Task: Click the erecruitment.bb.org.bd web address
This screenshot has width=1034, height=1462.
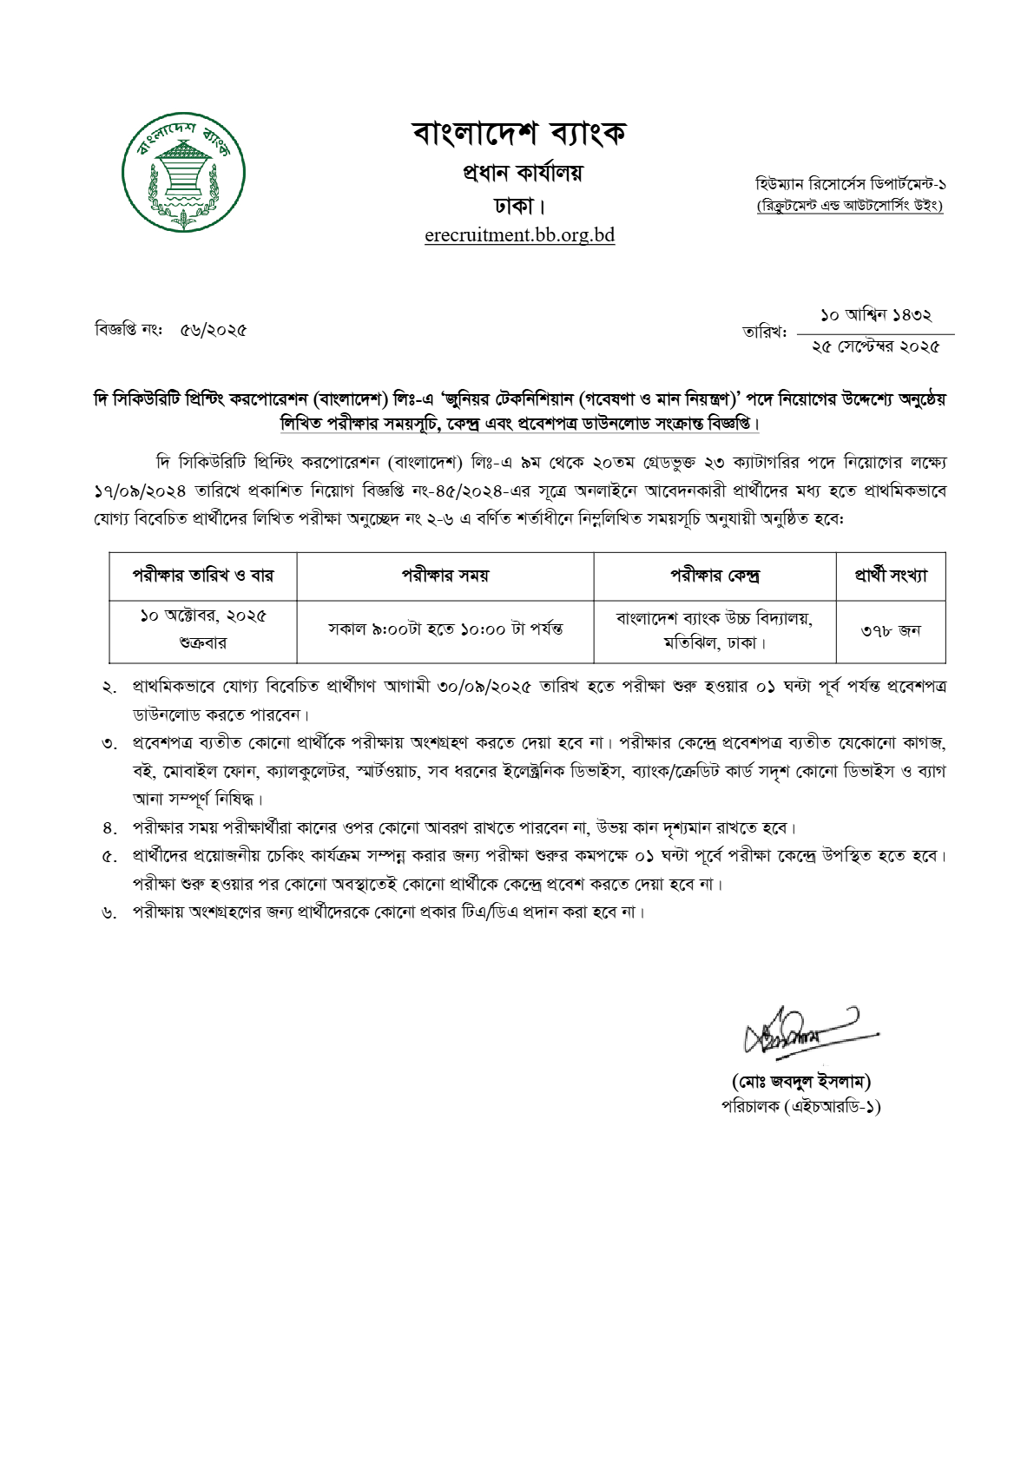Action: point(519,235)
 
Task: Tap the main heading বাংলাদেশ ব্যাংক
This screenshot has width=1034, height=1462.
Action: point(519,133)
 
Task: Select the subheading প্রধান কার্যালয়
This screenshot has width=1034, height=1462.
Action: point(522,173)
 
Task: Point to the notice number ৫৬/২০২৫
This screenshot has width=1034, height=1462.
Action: point(214,330)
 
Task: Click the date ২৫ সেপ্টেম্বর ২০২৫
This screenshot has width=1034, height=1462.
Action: point(875,346)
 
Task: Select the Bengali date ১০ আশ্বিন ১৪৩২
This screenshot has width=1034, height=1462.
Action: point(875,316)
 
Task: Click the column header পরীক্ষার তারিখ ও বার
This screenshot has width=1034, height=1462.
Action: point(202,575)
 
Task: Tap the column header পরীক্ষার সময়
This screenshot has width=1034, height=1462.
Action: point(445,575)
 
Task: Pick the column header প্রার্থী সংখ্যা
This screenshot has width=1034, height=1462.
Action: point(890,575)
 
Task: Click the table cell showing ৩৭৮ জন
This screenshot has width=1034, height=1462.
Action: point(890,631)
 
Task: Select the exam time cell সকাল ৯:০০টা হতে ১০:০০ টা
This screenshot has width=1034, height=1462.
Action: point(445,629)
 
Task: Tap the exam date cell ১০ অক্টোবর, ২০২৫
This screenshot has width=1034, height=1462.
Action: point(203,616)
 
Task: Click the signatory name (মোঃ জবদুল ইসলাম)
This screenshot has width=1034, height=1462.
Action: point(800,1081)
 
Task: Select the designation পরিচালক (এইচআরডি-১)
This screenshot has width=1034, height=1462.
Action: point(800,1106)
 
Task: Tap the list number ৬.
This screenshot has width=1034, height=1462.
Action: point(109,913)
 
